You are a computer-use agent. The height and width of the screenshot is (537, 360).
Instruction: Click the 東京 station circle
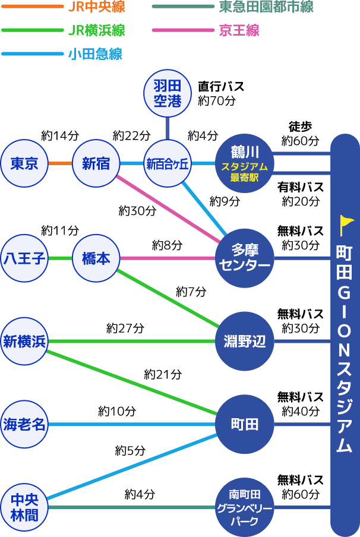(x=24, y=163)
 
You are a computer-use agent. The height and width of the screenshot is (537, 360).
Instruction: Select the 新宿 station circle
(x=96, y=163)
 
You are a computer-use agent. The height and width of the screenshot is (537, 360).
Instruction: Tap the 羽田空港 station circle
(x=168, y=94)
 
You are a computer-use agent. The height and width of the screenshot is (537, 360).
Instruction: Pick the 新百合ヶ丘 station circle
(x=168, y=163)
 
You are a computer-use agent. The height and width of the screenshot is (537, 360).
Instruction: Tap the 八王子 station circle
(x=24, y=258)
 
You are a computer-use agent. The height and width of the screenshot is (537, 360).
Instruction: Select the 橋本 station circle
(x=96, y=258)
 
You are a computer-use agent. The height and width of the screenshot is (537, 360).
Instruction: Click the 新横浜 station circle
(x=24, y=342)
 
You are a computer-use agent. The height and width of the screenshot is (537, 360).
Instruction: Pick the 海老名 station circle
(x=24, y=424)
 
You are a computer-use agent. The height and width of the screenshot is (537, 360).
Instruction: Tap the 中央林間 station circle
(x=24, y=508)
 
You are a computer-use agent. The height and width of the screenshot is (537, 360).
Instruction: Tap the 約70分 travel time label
(x=216, y=100)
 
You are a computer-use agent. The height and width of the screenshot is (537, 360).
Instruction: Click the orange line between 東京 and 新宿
(x=60, y=163)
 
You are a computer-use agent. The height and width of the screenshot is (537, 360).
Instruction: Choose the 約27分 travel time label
(x=125, y=328)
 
